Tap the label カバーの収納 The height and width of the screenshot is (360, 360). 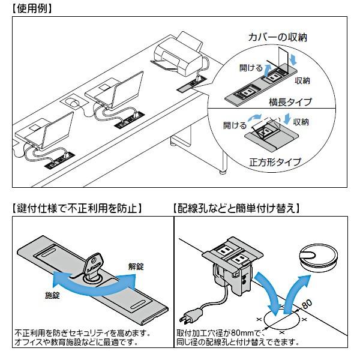278,37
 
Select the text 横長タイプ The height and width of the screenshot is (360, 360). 290,102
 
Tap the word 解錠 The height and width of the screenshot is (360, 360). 136,265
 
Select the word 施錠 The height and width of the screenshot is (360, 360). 53,296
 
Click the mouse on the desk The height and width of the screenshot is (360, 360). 74,103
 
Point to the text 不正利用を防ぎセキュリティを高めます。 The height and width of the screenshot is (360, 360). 82,332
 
